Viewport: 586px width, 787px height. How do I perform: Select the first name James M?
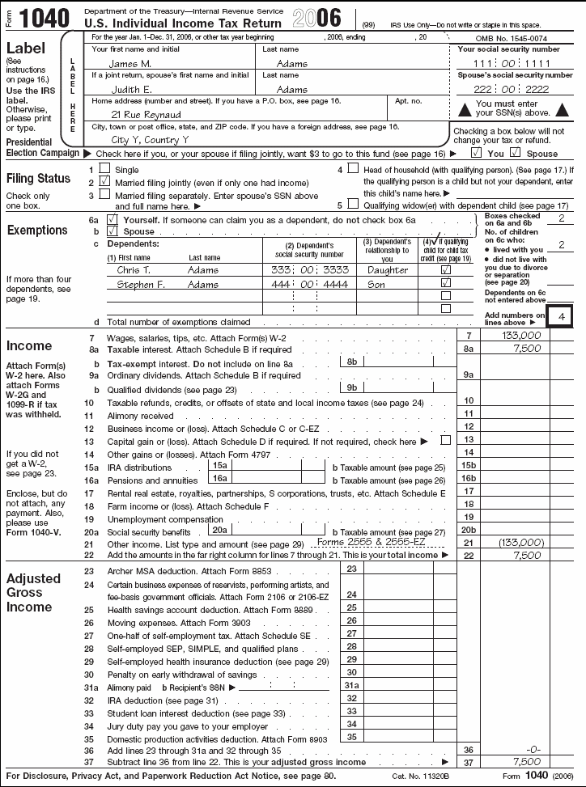tap(130, 63)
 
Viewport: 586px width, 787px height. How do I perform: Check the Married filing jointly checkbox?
tap(104, 183)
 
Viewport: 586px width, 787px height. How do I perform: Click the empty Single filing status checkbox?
tap(104, 170)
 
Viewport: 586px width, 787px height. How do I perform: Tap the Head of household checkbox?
tap(353, 169)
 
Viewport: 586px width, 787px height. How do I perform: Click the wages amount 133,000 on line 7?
tap(521, 335)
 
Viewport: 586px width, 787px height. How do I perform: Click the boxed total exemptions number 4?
tap(561, 316)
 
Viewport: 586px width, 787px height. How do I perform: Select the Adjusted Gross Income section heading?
tap(33, 593)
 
